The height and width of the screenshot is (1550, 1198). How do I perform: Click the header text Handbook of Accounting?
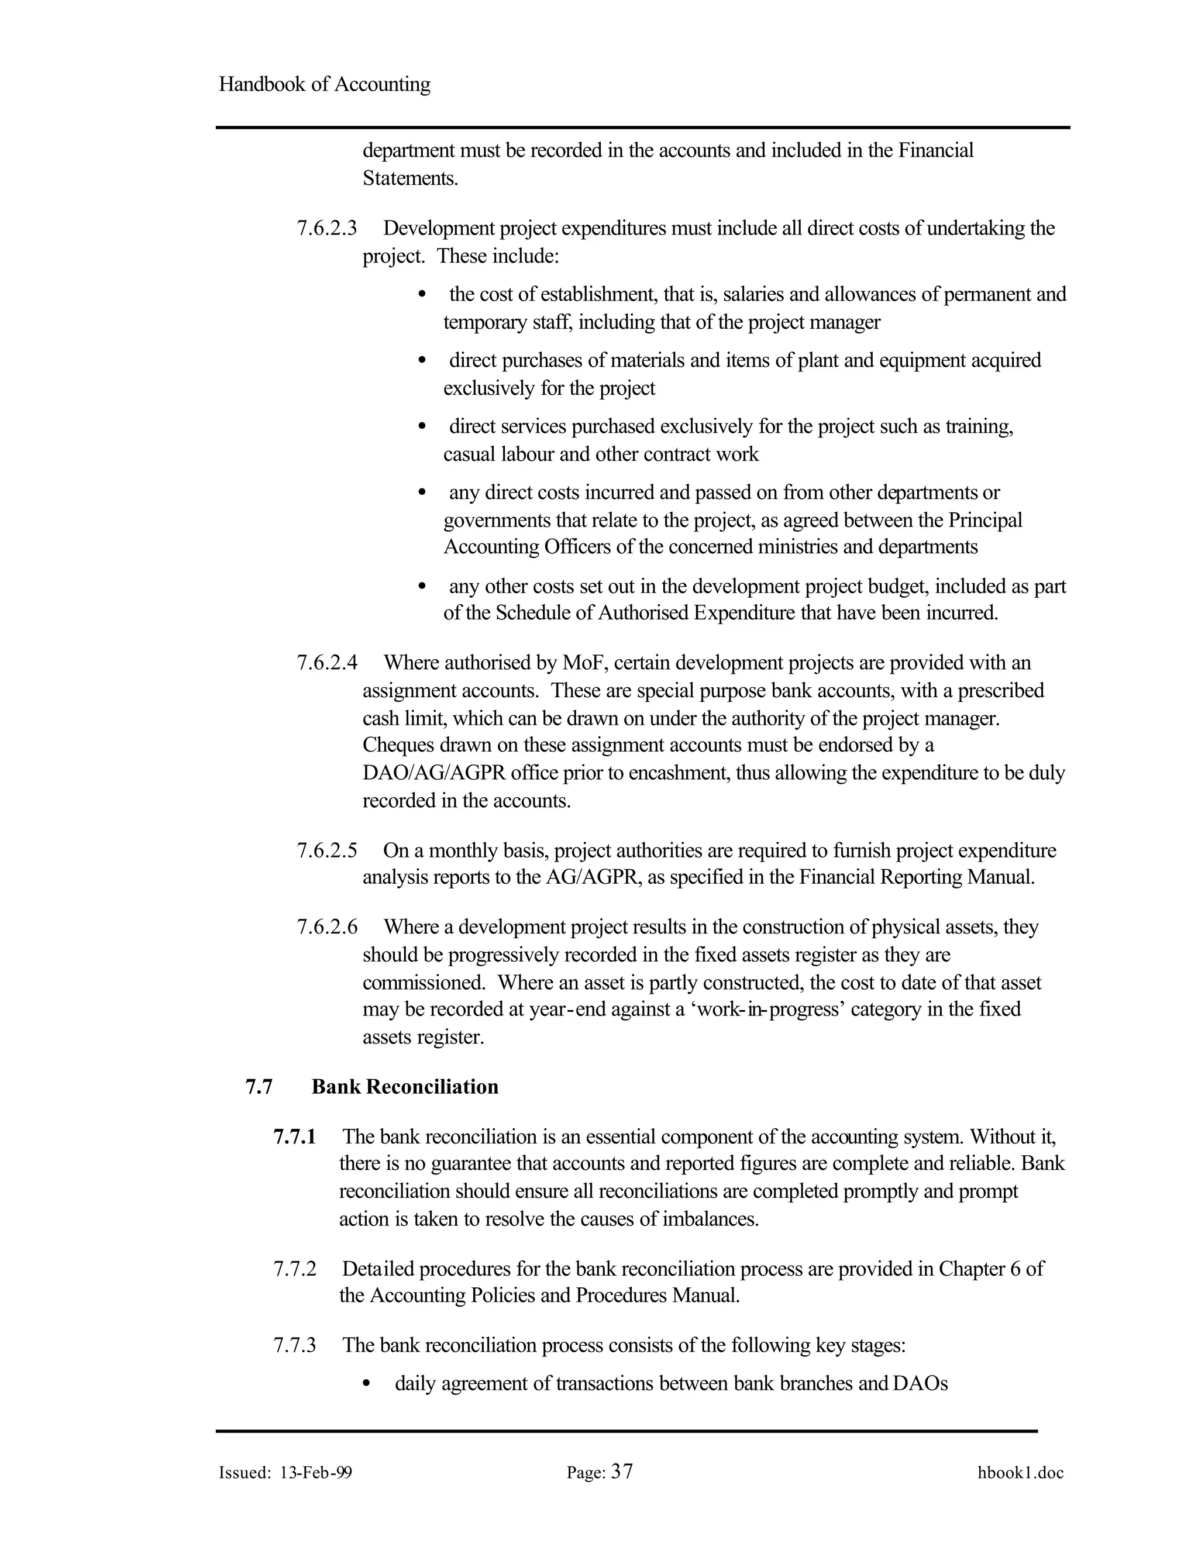coord(324,84)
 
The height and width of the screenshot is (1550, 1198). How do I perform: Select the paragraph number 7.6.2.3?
coord(326,229)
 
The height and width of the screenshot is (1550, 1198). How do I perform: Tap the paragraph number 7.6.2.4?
coord(326,663)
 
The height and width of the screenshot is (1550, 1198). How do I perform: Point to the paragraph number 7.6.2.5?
coord(326,850)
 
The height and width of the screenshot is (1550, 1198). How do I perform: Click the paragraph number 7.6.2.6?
coord(326,927)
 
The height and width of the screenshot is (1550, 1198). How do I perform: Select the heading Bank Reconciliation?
coord(405,1087)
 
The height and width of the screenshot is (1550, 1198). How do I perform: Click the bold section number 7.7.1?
coord(295,1137)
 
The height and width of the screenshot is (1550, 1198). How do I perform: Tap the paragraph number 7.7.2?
coord(295,1269)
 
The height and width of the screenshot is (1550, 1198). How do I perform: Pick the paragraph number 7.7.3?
coord(295,1346)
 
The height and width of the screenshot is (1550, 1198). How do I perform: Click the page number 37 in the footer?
coord(622,1472)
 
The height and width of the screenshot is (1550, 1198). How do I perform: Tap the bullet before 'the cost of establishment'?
coord(422,294)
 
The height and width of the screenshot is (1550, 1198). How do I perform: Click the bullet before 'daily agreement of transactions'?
coord(366,1384)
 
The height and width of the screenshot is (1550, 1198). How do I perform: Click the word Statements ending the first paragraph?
coord(409,178)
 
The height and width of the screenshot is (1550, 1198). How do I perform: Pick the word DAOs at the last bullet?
coord(921,1384)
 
